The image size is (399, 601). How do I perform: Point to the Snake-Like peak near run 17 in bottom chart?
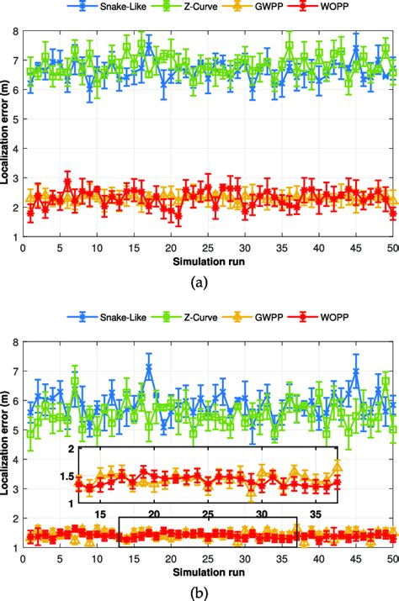point(148,366)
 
